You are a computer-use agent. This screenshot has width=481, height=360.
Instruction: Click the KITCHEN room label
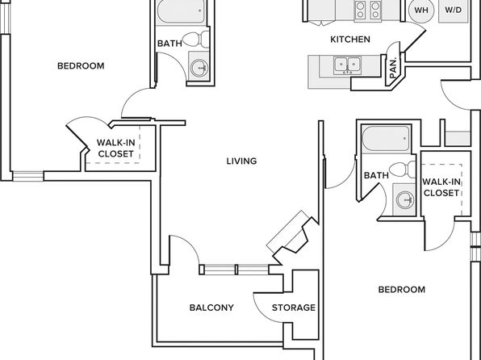(x=350, y=40)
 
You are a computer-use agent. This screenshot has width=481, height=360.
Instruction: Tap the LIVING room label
(x=242, y=161)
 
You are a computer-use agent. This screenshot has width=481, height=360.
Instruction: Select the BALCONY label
(x=211, y=308)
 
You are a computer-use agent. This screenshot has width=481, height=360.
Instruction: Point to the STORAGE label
(x=294, y=308)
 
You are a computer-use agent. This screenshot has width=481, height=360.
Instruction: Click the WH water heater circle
(x=421, y=10)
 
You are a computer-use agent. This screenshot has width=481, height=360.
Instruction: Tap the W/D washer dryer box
(x=454, y=10)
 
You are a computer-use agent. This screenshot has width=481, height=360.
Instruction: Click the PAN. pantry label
(x=394, y=68)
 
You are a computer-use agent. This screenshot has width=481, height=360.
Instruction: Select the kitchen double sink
(x=347, y=65)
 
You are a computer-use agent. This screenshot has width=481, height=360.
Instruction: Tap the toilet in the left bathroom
(x=195, y=40)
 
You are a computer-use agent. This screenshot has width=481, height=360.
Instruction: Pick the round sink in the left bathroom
(x=199, y=68)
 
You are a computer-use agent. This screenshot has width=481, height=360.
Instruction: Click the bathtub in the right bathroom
(x=386, y=138)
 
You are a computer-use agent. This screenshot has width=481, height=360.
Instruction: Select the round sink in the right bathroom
(x=404, y=200)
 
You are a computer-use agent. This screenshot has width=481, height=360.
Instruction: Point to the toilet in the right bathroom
(x=403, y=170)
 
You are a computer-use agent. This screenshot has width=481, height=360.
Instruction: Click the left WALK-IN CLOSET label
(x=116, y=149)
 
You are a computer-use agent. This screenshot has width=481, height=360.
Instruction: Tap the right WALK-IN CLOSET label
(x=441, y=187)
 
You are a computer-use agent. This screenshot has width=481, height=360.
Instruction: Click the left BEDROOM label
(x=81, y=65)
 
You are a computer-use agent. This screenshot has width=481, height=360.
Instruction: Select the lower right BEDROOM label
(x=402, y=290)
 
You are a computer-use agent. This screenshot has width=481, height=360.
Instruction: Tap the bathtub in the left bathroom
(x=181, y=11)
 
